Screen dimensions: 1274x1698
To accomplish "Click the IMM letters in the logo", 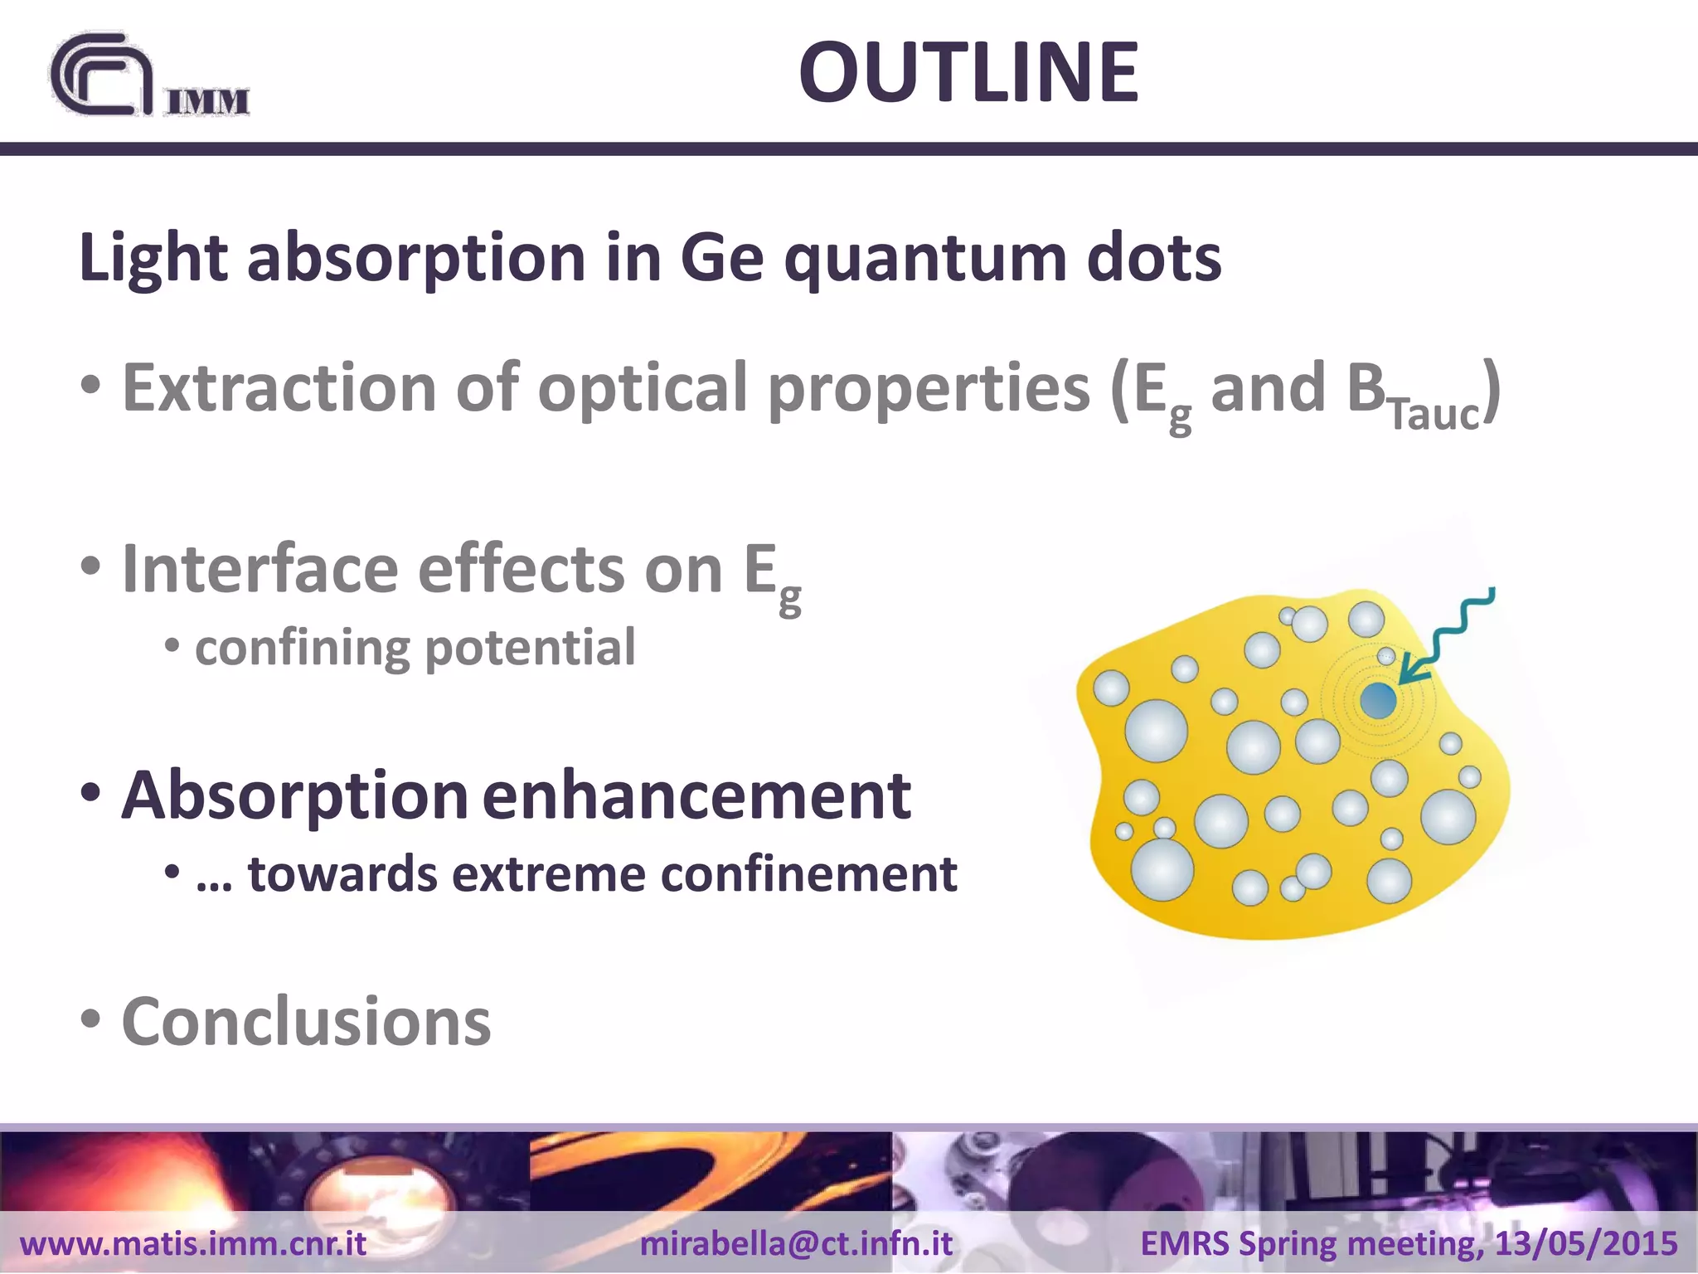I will [207, 101].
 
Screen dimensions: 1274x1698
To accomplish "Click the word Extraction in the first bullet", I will [279, 387].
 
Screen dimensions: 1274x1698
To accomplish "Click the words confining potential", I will [415, 648].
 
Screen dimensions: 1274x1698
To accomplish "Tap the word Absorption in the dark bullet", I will [295, 795].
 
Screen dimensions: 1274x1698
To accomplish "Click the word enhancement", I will [696, 795].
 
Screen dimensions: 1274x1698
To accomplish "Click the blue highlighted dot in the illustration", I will [1378, 701].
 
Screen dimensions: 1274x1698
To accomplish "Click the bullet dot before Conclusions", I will [91, 1019].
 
